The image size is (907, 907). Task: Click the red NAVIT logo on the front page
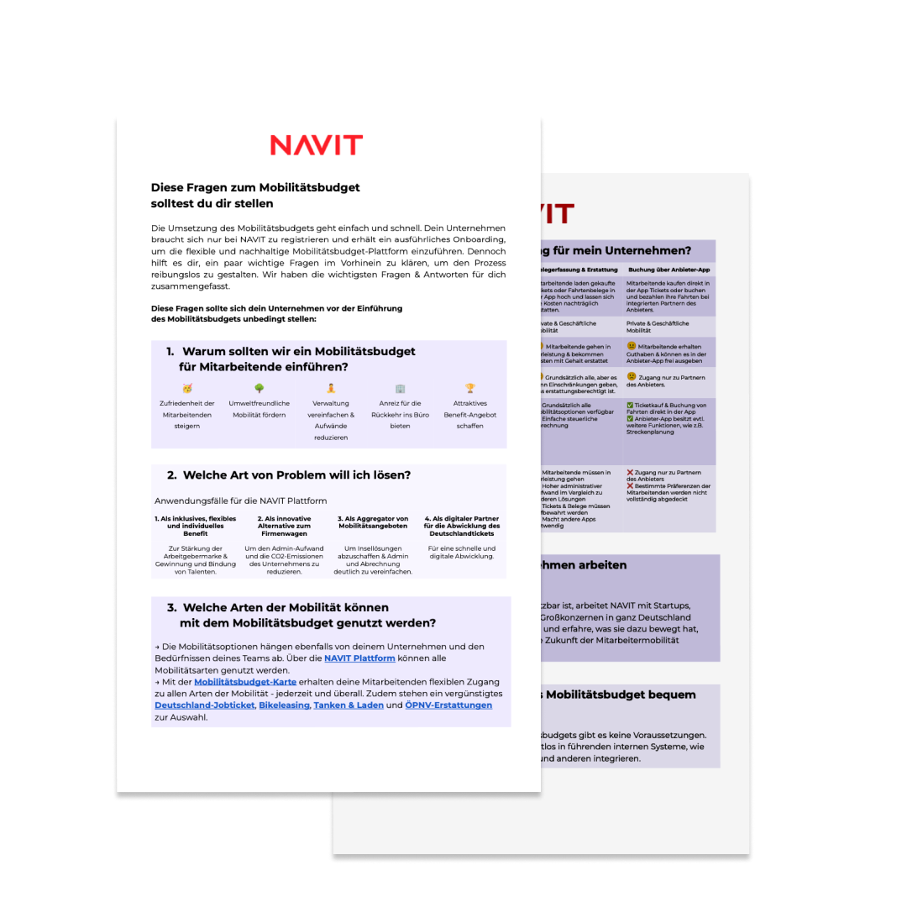click(316, 145)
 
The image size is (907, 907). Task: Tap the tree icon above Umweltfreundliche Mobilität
click(259, 388)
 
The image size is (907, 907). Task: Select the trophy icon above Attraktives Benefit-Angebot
click(470, 388)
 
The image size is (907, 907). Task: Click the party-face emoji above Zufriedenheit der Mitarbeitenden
click(187, 388)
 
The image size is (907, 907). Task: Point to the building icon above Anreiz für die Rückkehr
click(400, 388)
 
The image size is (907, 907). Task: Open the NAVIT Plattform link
click(359, 658)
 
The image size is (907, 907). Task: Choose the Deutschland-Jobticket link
click(204, 705)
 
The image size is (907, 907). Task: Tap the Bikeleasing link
click(284, 705)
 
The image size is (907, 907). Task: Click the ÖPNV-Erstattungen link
click(448, 705)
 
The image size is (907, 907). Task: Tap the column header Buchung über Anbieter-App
click(668, 270)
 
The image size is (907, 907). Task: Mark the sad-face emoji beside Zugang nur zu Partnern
click(632, 376)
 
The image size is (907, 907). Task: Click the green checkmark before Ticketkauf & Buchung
click(631, 406)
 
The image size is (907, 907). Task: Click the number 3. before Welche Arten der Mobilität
click(171, 607)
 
